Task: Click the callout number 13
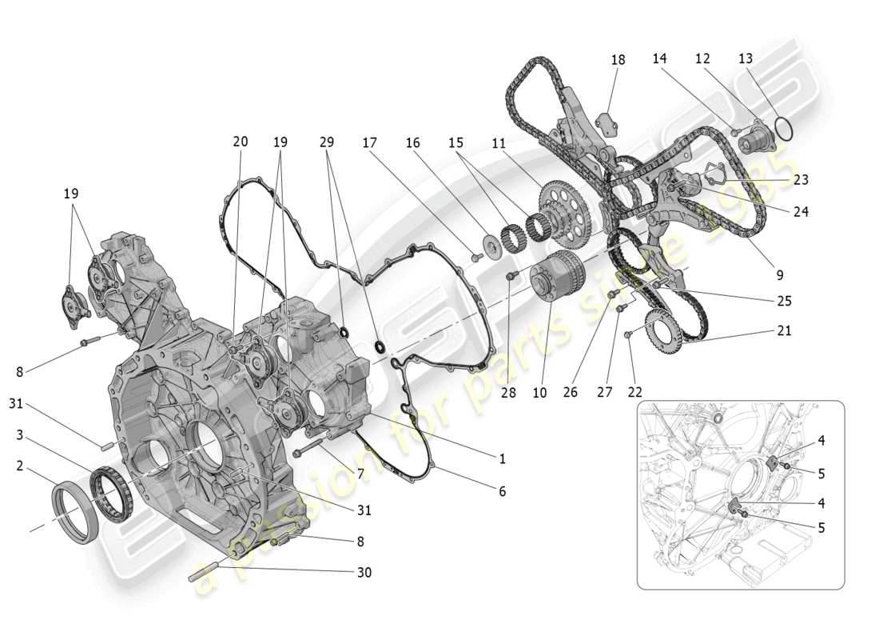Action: tap(745, 58)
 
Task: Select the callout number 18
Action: tap(618, 60)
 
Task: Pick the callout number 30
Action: tap(364, 572)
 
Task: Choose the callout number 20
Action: tap(240, 142)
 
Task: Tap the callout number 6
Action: tap(502, 492)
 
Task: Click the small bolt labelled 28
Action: tap(511, 276)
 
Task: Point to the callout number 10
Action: tap(539, 393)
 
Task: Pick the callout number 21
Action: tap(783, 330)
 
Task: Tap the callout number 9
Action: tap(778, 274)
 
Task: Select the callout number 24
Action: tap(801, 212)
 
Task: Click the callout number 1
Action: tap(502, 458)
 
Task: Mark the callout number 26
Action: tap(570, 393)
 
